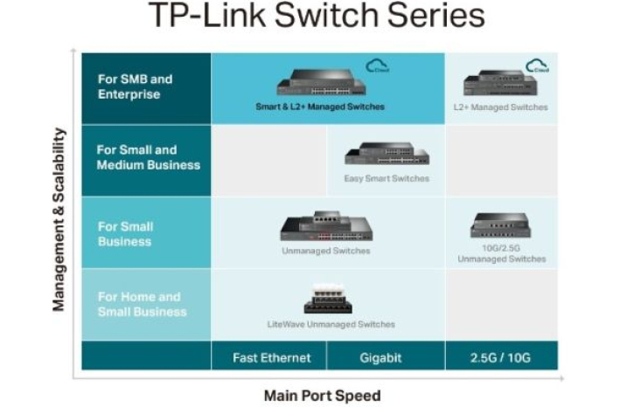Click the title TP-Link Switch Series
(316, 17)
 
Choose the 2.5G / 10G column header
(501, 357)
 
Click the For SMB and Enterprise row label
(135, 86)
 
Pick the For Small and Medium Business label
(148, 157)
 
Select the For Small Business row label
(125, 233)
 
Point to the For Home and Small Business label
(142, 304)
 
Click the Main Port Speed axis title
(322, 396)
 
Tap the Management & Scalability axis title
(59, 219)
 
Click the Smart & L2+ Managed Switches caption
(320, 107)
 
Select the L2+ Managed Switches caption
(501, 107)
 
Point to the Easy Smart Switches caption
(387, 179)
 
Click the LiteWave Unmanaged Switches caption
(331, 324)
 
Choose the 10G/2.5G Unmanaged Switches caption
(501, 253)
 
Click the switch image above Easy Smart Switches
(387, 154)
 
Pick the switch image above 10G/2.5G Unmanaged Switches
(501, 225)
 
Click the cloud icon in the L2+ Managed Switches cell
(536, 65)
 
